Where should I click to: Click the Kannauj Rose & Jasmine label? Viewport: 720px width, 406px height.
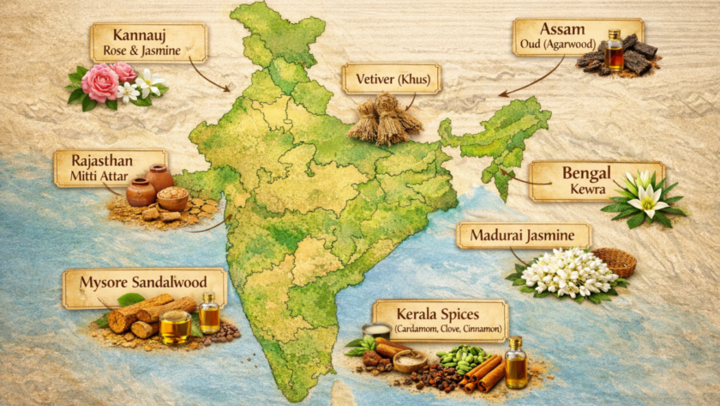149,42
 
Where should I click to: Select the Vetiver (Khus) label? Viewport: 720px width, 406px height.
391,79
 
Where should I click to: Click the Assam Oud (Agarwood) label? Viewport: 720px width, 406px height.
579,36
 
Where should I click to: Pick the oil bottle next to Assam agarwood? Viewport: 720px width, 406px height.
614,52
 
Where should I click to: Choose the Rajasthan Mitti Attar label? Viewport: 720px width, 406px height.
110,167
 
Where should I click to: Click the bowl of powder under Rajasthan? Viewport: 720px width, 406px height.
172,199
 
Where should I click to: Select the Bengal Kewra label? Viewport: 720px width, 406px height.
597,181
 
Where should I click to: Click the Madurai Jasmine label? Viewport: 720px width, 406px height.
523,236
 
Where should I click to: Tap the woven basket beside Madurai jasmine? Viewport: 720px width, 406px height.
614,261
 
